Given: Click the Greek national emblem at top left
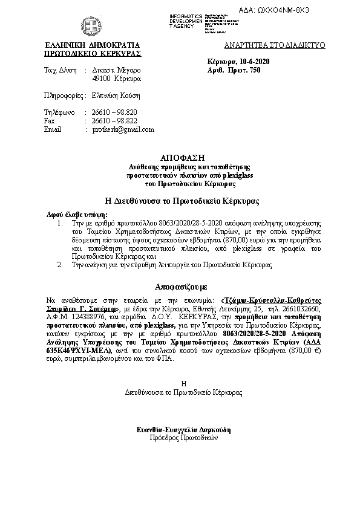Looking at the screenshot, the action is coord(93,27).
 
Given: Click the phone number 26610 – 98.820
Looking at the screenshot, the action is coord(114,112).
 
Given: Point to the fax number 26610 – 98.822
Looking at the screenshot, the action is coord(114,121).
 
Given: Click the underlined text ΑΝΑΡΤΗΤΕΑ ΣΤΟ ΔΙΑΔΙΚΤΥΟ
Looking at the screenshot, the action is coord(275,46).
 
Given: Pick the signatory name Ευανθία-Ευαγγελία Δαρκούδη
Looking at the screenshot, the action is coord(184,429).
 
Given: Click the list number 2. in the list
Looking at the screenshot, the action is coord(59,265).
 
